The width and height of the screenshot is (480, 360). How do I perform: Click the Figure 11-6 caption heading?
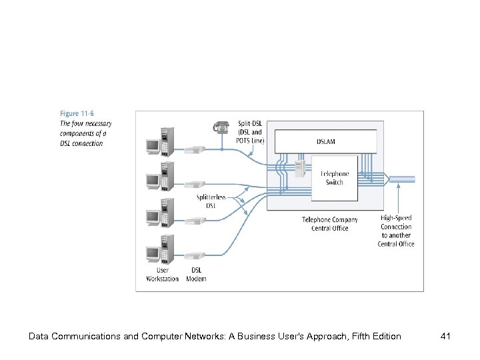click(77, 115)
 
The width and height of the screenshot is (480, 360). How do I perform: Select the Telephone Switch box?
click(335, 177)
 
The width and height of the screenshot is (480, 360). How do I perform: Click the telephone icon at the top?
click(221, 127)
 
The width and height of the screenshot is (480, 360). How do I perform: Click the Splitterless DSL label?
click(210, 201)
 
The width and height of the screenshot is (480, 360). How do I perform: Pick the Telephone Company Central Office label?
click(329, 224)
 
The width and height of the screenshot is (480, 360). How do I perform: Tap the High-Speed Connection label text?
click(396, 231)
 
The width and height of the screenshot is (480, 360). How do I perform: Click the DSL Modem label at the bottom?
click(196, 274)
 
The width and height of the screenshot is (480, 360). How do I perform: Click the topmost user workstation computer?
click(159, 141)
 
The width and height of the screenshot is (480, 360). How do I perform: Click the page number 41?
click(446, 336)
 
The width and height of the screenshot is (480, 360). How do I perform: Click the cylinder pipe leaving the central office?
click(403, 179)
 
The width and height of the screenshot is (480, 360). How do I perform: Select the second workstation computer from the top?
click(159, 177)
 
